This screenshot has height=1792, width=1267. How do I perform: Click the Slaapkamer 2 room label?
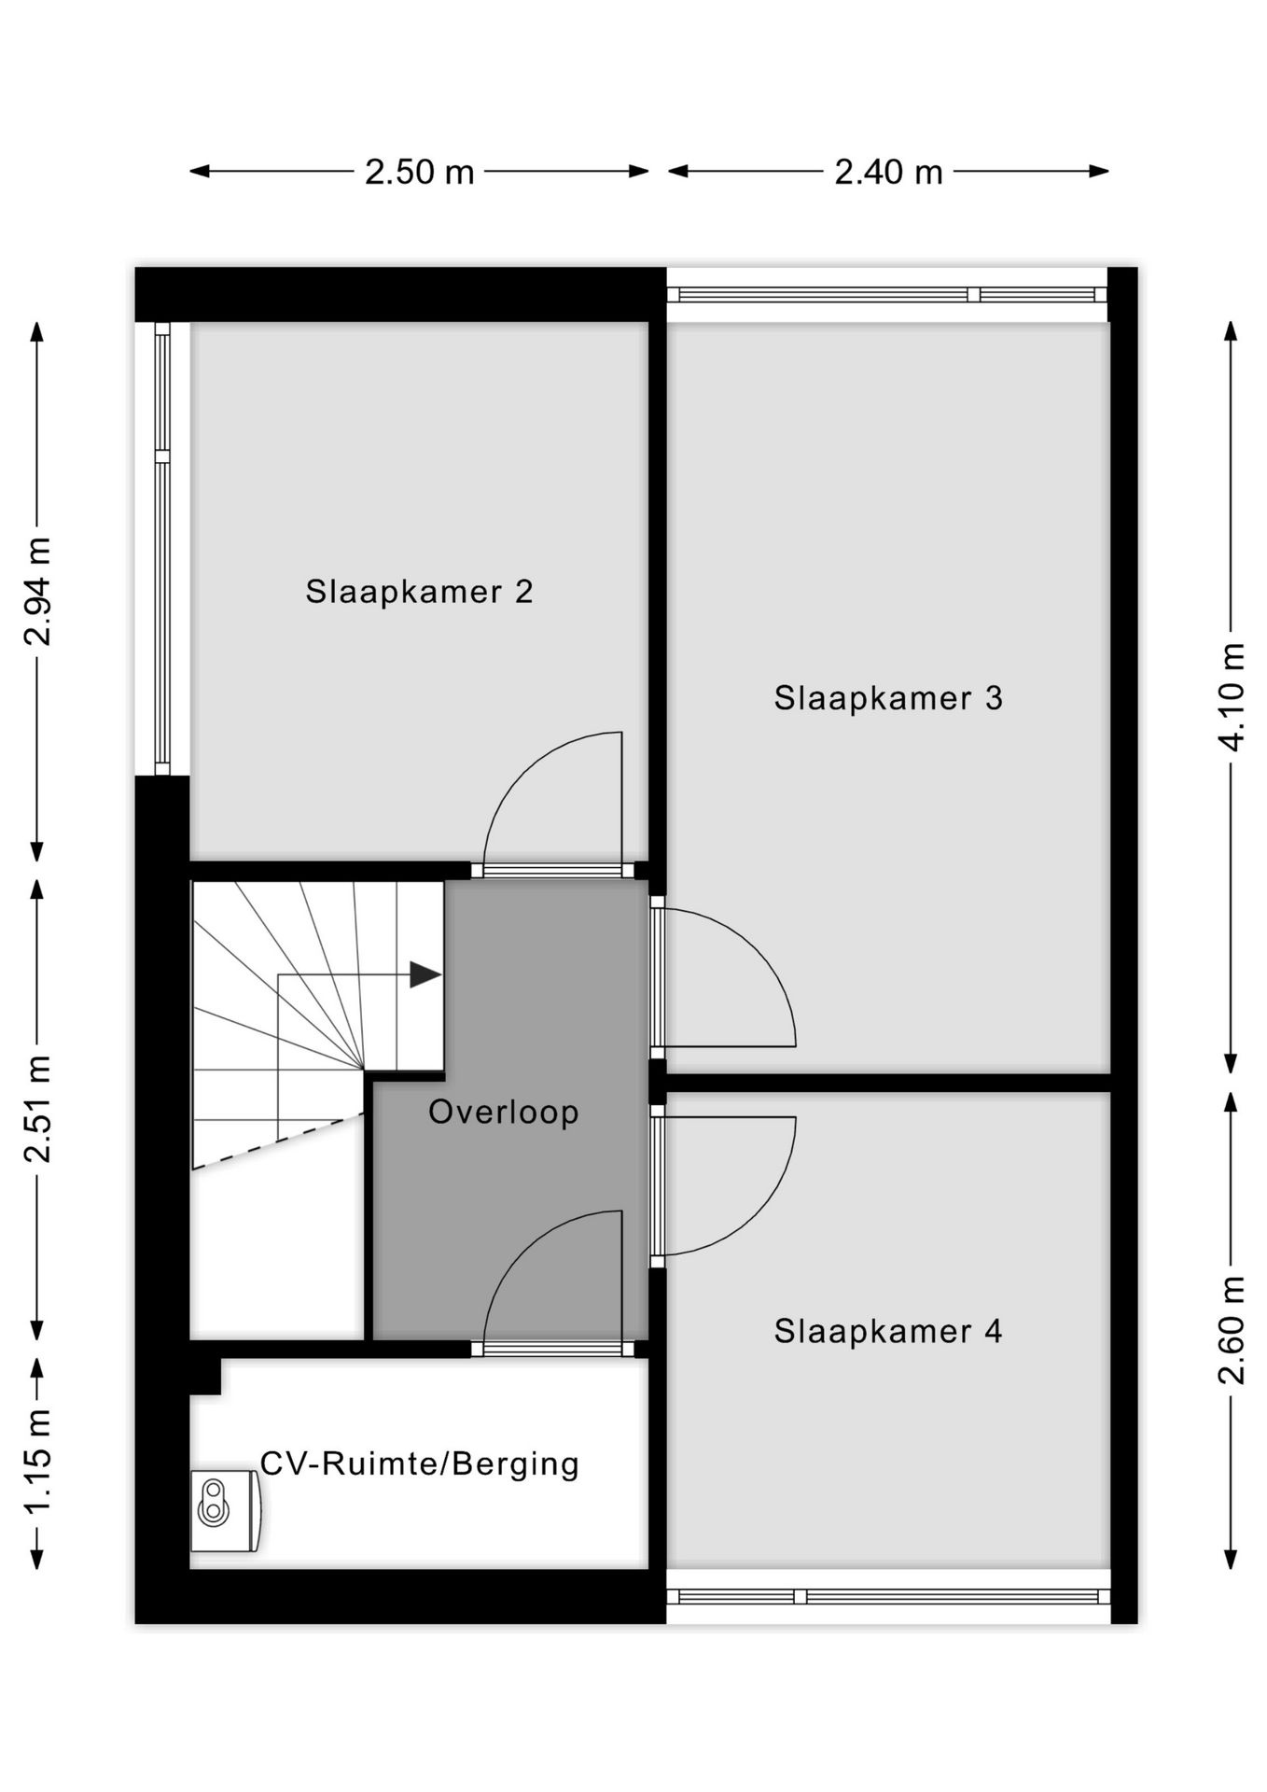pyautogui.click(x=419, y=592)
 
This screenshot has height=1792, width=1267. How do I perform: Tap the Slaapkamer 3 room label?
pyautogui.click(x=887, y=698)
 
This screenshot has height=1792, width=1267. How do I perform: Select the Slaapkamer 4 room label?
pyautogui.click(x=887, y=1331)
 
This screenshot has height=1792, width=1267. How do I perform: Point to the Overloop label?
pyautogui.click(x=504, y=1112)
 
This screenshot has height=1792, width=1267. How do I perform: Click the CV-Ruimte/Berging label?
pyautogui.click(x=419, y=1463)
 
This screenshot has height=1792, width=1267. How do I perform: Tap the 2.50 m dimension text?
pyautogui.click(x=419, y=172)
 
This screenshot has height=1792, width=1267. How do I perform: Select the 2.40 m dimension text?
pyautogui.click(x=888, y=172)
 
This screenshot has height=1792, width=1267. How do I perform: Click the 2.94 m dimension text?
pyautogui.click(x=38, y=592)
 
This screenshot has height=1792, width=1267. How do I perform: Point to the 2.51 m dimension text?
pyautogui.click(x=38, y=1110)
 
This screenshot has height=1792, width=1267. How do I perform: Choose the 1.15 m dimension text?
pyautogui.click(x=38, y=1463)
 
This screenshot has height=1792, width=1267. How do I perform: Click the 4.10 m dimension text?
pyautogui.click(x=1232, y=697)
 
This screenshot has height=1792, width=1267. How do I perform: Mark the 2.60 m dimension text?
pyautogui.click(x=1232, y=1331)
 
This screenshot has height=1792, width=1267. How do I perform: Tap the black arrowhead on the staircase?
pyautogui.click(x=425, y=975)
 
